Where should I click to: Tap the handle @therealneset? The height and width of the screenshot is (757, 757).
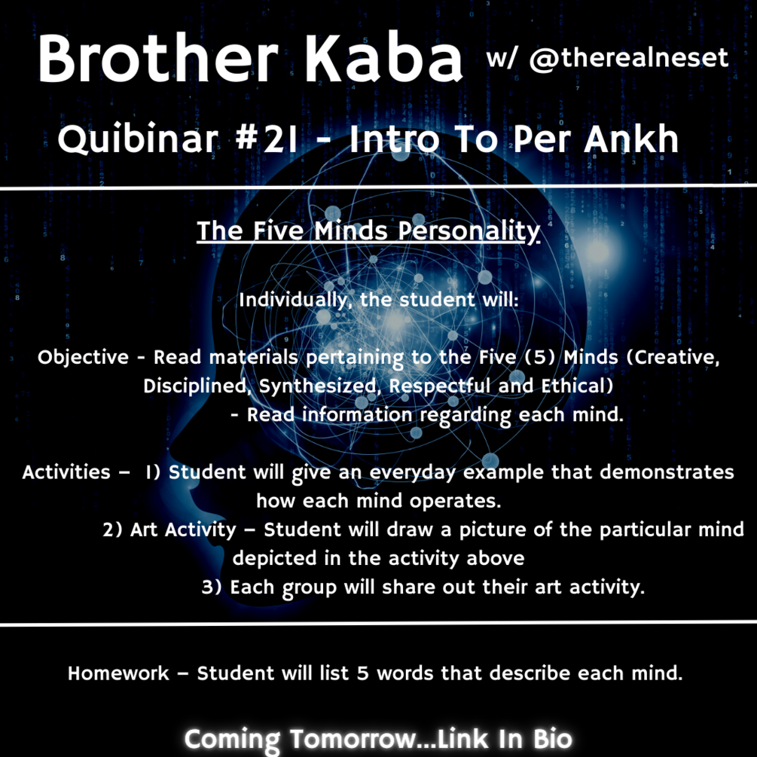pos(628,58)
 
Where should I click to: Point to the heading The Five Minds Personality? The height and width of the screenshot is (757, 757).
pos(368,230)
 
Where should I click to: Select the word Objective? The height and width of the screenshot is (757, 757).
pos(84,357)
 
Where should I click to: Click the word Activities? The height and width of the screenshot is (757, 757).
pos(66,472)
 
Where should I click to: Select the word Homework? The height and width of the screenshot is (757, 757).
pos(118,673)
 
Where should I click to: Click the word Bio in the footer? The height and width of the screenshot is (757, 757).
pos(550,738)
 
